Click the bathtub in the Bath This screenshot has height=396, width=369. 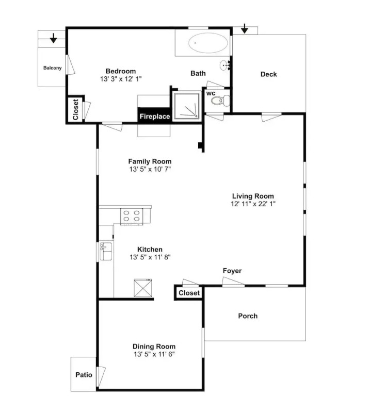point(207,43)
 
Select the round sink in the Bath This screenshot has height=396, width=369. point(224,65)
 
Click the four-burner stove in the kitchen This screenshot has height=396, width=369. point(132,217)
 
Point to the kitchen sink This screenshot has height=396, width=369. point(106,251)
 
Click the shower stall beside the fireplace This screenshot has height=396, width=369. point(187,106)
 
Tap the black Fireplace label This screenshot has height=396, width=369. point(155,117)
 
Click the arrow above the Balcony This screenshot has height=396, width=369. point(53,38)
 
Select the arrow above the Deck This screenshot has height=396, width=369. point(244,28)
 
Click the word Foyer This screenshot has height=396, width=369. point(232,271)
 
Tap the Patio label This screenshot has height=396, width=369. point(84,375)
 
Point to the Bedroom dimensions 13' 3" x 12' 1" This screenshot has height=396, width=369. point(121,79)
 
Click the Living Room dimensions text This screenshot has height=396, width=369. point(253,204)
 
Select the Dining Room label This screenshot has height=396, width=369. point(154,346)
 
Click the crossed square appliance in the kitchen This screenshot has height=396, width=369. point(143,288)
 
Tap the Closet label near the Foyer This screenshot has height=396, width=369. point(189,293)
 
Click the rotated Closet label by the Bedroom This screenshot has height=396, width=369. point(75,109)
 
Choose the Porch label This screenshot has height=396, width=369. point(248,316)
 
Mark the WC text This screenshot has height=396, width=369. point(211,94)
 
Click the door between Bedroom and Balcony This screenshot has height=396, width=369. point(70,64)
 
